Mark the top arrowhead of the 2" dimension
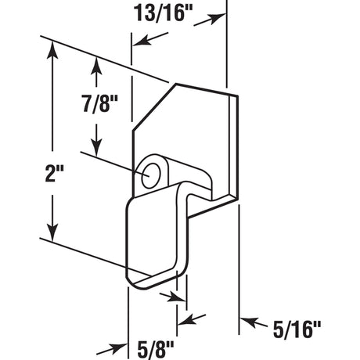pyautogui.click(x=52, y=49)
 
